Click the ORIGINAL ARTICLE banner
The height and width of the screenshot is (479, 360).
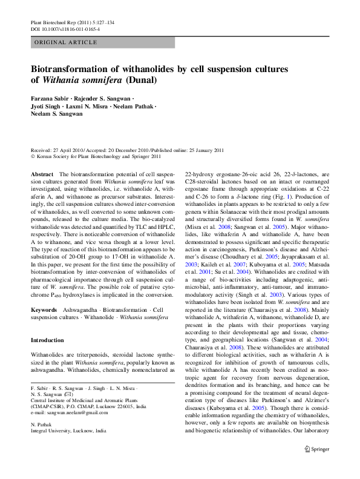point(66,42)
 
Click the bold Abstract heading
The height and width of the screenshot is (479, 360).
point(42,173)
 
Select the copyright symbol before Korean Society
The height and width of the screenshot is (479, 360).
point(33,156)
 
